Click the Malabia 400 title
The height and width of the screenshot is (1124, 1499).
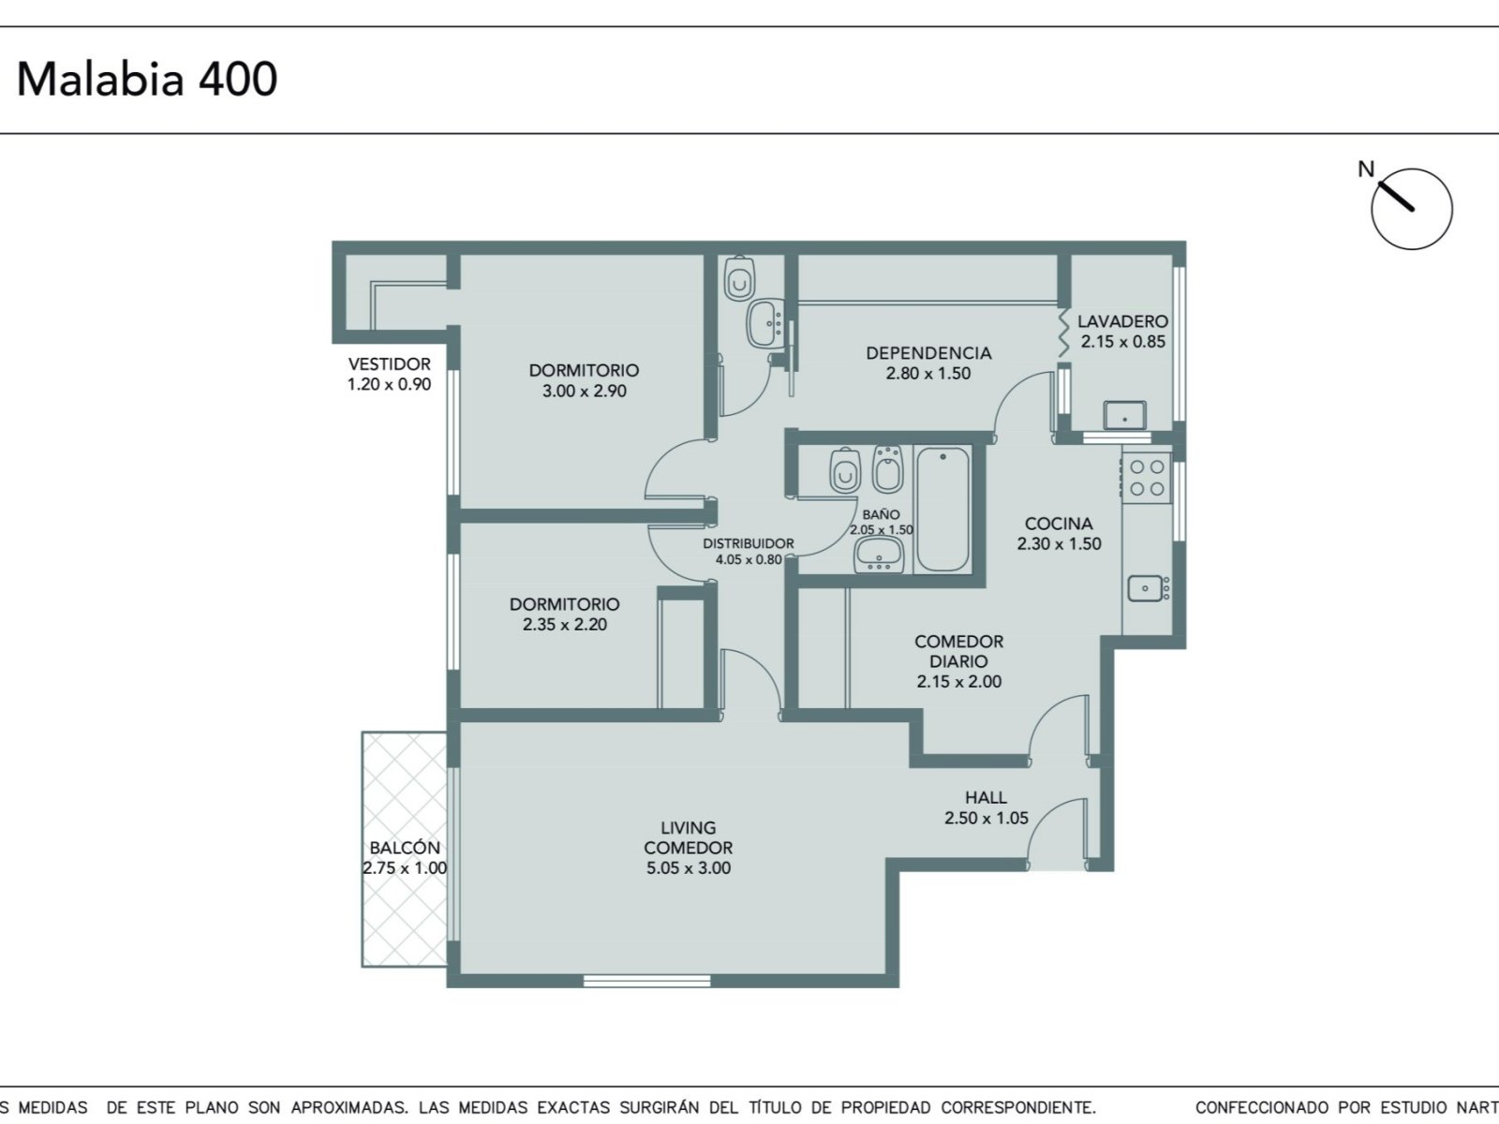point(147,80)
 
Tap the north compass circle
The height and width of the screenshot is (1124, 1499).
point(1411,209)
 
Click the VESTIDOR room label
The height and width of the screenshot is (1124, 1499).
point(389,363)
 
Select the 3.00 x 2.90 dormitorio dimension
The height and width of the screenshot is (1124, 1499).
point(584,391)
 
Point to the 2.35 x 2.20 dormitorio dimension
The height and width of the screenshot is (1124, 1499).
point(565,625)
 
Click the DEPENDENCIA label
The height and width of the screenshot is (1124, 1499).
point(928,353)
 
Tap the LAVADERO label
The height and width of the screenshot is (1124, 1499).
point(1122,320)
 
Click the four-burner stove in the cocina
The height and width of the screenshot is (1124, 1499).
point(1147,478)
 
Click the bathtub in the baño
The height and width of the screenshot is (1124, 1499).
point(942,510)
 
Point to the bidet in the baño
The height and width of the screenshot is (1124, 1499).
point(888,469)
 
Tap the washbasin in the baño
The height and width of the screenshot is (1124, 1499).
point(879,555)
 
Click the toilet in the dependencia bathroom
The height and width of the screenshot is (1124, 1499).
point(739,278)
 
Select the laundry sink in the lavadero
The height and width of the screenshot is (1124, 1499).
point(1125,415)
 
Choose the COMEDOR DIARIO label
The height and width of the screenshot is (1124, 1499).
point(958,651)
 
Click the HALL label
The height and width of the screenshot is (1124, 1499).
point(986,797)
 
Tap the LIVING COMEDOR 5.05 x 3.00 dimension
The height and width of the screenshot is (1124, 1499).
point(689,868)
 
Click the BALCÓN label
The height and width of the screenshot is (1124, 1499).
point(405,848)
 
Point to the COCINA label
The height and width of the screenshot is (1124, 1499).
point(1059,524)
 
